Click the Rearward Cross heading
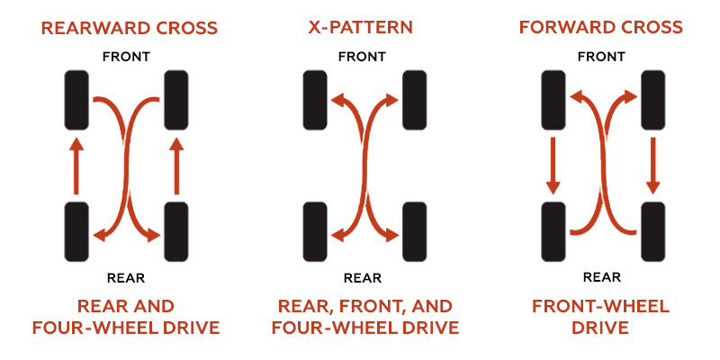coord(129,27)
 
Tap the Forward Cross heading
coord(600,27)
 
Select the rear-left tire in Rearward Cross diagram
coord(77,232)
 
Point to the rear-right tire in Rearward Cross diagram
coord(176,232)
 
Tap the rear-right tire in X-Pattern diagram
coord(414,232)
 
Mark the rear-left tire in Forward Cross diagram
coord(553,232)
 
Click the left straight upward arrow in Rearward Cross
coord(77,166)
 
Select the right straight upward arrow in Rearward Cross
coord(176,166)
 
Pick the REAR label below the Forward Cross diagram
coord(601,277)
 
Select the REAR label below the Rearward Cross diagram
coord(126,277)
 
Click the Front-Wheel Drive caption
coord(600,316)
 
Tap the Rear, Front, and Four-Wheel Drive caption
coord(364,316)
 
